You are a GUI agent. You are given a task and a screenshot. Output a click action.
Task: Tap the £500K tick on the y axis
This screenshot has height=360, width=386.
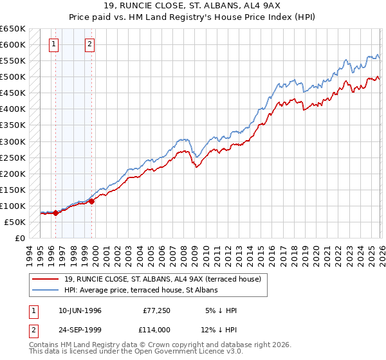[13, 77]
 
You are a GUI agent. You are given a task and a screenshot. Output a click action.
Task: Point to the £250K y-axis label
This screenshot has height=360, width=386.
[13, 157]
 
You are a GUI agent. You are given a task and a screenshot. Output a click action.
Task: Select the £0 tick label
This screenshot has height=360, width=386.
[19, 238]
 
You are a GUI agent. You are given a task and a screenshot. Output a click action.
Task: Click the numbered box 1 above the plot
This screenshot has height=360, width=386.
[53, 44]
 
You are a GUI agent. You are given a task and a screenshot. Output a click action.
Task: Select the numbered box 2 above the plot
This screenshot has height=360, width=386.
[90, 44]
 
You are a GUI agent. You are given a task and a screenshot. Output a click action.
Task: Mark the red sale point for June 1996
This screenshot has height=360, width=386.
[55, 213]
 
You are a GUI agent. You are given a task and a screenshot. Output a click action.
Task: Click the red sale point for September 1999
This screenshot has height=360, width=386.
[92, 201]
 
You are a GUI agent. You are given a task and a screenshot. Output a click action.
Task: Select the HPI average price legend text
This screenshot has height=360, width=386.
[142, 291]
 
